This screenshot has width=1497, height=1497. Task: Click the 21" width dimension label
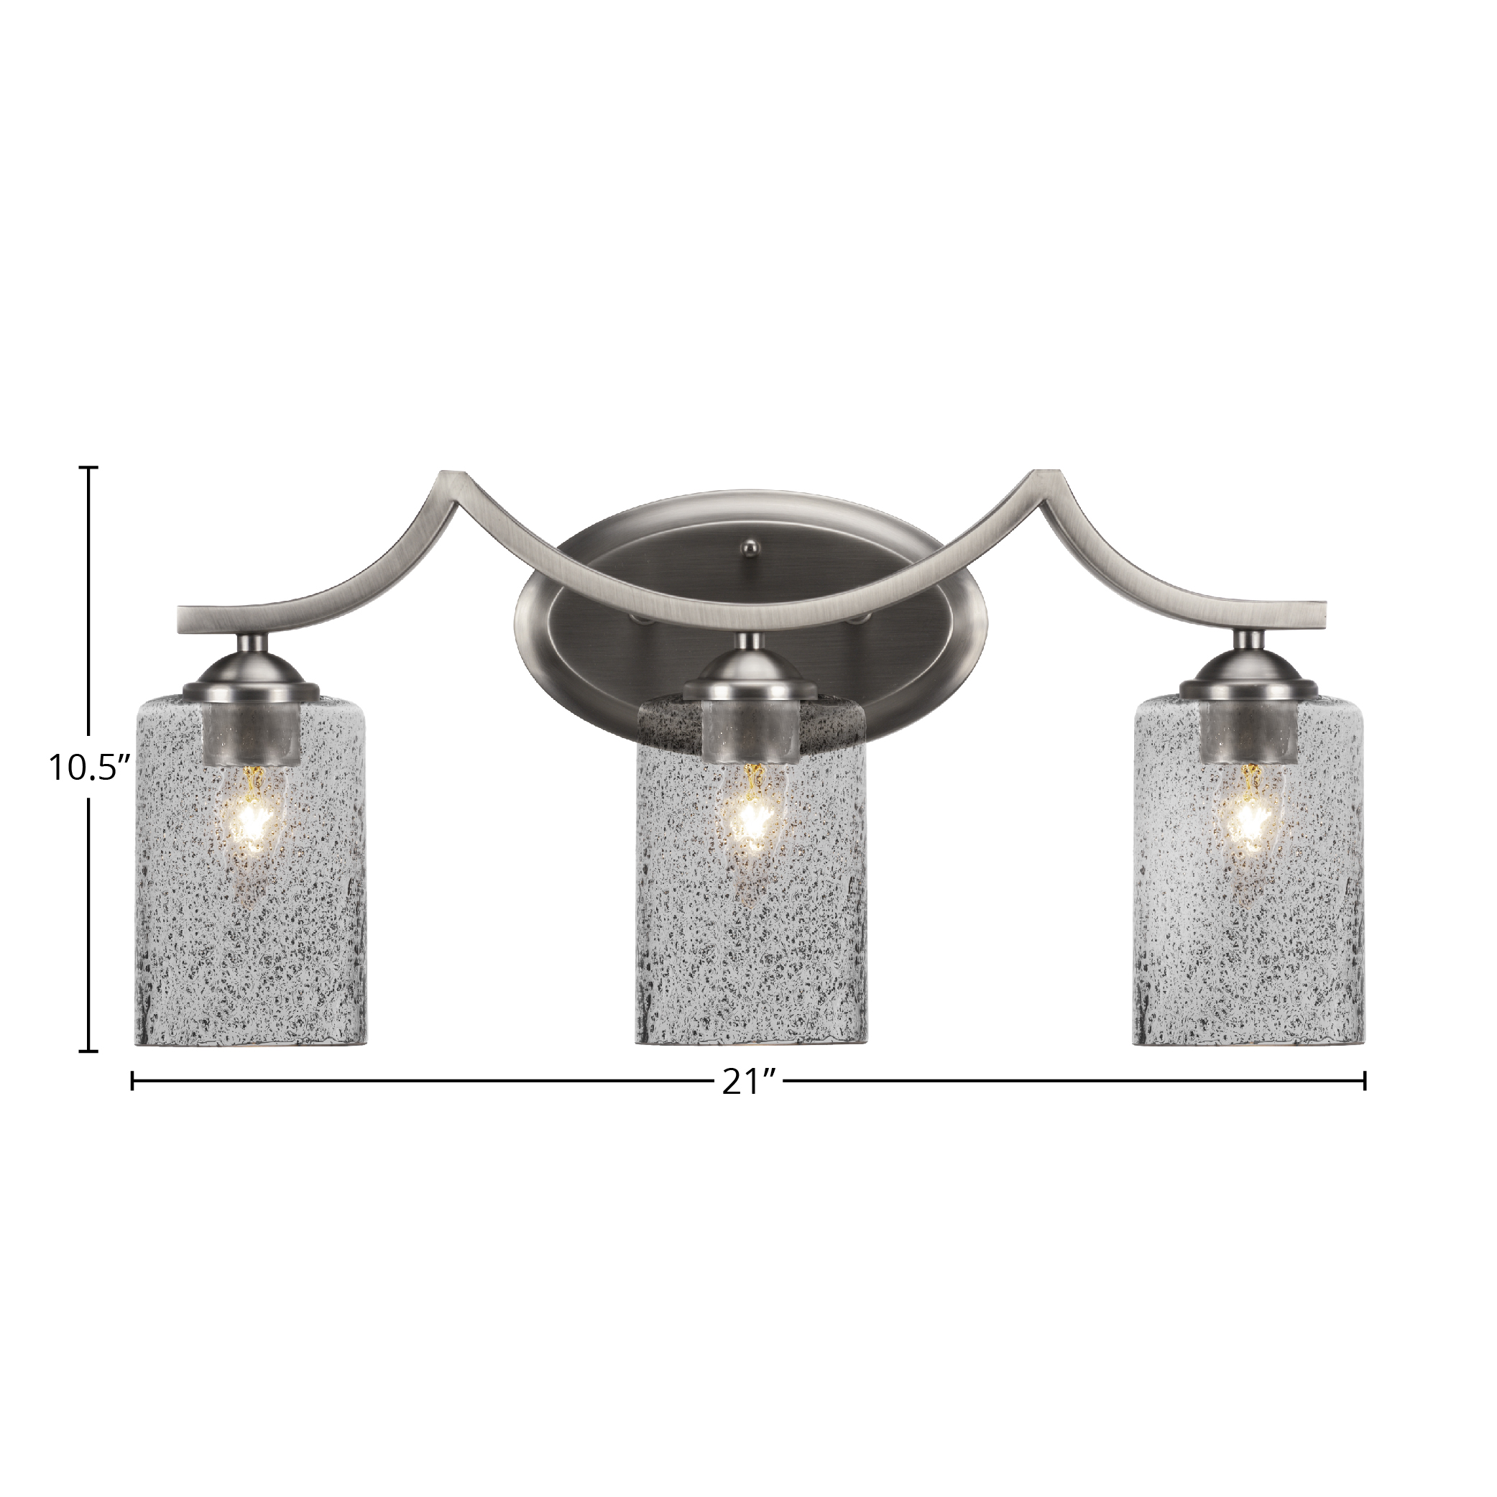(749, 1082)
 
